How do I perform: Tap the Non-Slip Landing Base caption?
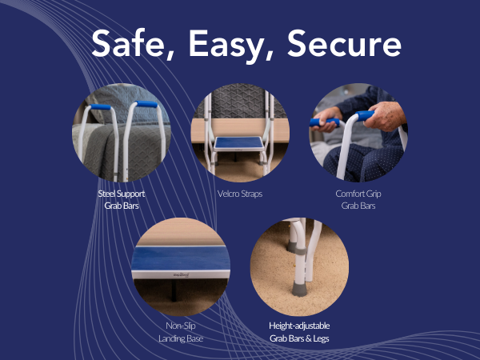179,333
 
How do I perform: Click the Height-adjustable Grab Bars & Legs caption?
299,332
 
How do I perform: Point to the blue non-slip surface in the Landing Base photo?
179,257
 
